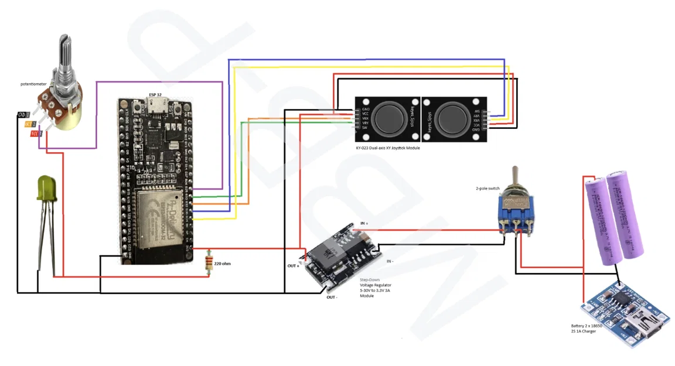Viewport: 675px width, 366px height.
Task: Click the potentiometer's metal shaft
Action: [x=65, y=53]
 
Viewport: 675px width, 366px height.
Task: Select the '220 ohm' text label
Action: [x=222, y=264]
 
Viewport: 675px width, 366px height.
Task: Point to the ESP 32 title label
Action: [x=155, y=95]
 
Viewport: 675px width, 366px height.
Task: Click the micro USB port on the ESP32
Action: [x=156, y=107]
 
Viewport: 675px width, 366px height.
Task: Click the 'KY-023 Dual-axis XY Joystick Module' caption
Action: [x=388, y=148]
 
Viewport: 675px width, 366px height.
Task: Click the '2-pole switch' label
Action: [x=487, y=189]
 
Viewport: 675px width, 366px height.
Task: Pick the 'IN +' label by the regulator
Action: [x=364, y=224]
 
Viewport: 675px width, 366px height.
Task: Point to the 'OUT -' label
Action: [x=332, y=297]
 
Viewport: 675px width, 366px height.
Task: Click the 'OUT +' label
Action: [x=294, y=266]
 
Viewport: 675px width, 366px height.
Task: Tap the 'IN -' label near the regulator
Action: [x=389, y=261]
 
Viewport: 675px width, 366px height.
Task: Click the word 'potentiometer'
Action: [x=33, y=84]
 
